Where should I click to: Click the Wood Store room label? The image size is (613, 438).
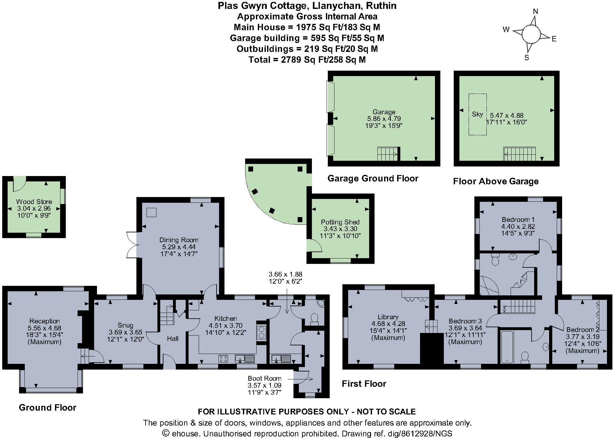coord(34,201)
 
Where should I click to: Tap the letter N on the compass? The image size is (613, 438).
coord(535,11)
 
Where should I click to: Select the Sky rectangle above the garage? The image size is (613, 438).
coord(477,114)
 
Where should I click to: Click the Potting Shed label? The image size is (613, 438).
coord(340,222)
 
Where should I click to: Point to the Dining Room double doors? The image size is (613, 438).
coord(132,244)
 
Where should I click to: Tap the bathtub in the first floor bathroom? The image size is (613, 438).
coord(507,347)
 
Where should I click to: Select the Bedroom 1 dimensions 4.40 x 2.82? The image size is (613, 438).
coord(518,227)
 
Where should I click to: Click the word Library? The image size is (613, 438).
coord(388,317)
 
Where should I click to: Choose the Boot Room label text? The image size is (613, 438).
coord(265,378)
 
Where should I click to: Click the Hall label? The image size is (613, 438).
coord(173,339)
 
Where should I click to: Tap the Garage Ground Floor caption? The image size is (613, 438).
coord(373,178)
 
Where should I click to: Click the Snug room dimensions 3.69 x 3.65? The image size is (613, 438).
coord(125,332)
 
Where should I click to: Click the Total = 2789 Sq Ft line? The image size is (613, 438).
coord(307,60)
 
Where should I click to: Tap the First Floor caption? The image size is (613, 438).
coord(364,384)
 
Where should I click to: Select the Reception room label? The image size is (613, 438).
coord(45,321)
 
